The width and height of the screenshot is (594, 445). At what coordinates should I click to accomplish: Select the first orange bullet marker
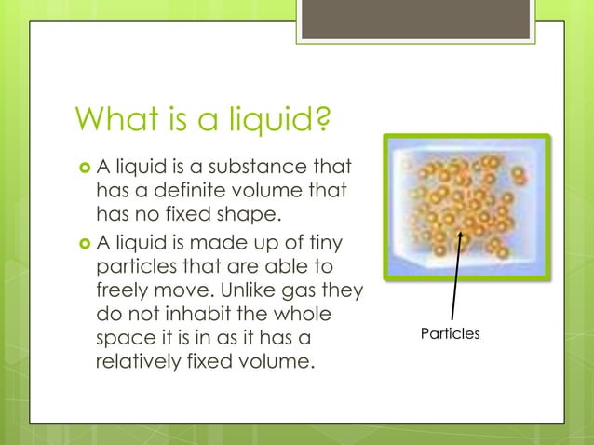82,168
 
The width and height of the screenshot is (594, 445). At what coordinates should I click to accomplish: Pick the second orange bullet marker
82,244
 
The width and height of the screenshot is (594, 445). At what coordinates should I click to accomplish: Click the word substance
261,168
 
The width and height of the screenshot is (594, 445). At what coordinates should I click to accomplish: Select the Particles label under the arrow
450,332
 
